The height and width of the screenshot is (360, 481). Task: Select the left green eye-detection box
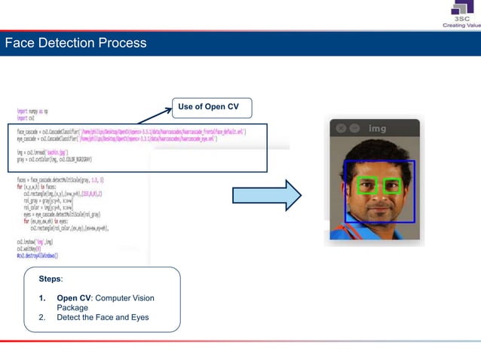[x=366, y=185]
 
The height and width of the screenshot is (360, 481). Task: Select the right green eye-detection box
[x=392, y=185]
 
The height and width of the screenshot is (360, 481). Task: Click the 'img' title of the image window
[x=377, y=129]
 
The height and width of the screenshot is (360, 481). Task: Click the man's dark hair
[x=377, y=154]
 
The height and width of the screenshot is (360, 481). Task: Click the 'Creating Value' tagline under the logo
[x=461, y=25]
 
